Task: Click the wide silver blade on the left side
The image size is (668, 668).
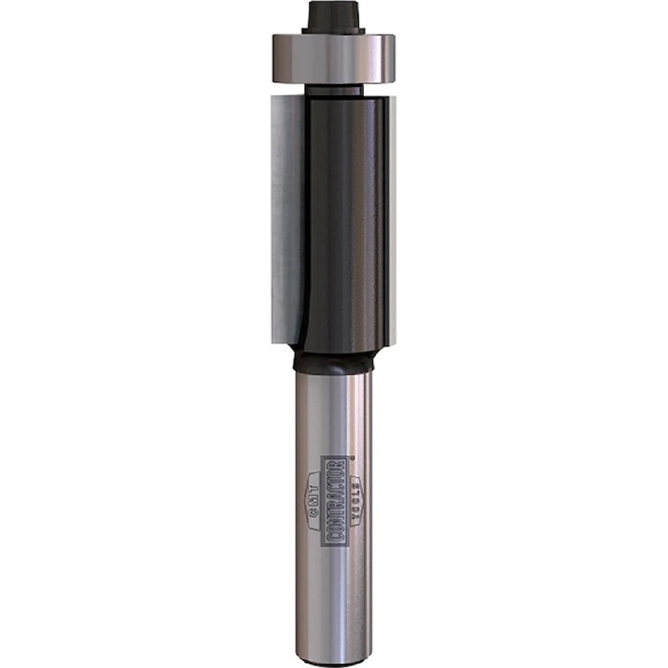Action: (286, 214)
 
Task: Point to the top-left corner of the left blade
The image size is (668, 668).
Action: (273, 97)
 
